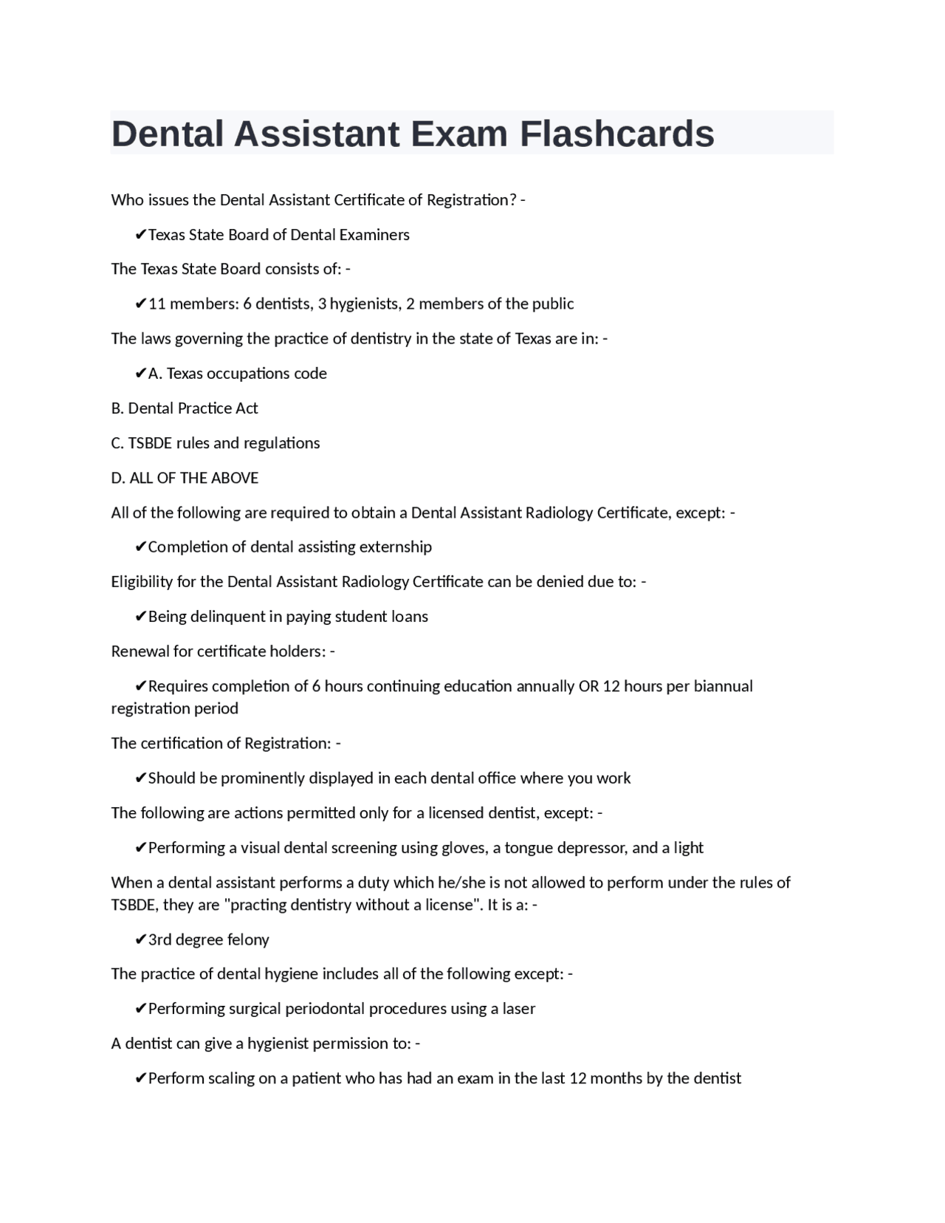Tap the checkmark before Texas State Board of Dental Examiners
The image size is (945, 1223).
click(x=140, y=235)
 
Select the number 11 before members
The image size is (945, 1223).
click(x=157, y=304)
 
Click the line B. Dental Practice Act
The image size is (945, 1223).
click(x=185, y=408)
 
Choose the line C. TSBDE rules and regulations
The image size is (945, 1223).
click(x=216, y=443)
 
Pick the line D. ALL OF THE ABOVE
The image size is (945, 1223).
click(x=185, y=478)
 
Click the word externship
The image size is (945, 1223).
click(x=395, y=547)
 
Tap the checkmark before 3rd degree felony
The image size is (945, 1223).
click(x=140, y=940)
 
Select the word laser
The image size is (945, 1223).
click(x=518, y=1009)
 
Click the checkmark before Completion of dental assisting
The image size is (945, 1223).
click(x=140, y=547)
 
